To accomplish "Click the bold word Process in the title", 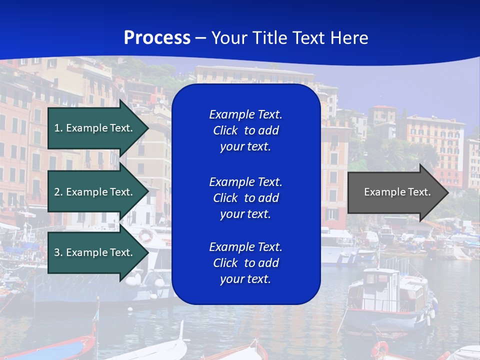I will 157,38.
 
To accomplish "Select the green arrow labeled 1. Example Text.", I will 95,128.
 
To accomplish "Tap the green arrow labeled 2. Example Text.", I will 95,192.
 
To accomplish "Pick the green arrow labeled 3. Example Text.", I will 95,252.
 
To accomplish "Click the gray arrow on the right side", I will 395,192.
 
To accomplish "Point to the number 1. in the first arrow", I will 58,128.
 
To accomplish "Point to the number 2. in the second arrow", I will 58,192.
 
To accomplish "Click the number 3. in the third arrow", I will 58,252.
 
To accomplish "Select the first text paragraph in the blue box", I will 245,130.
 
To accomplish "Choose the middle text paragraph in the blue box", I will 245,198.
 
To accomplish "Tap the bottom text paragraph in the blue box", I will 245,263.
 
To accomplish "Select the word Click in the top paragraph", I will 225,130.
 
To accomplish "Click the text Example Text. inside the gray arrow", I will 397,192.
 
